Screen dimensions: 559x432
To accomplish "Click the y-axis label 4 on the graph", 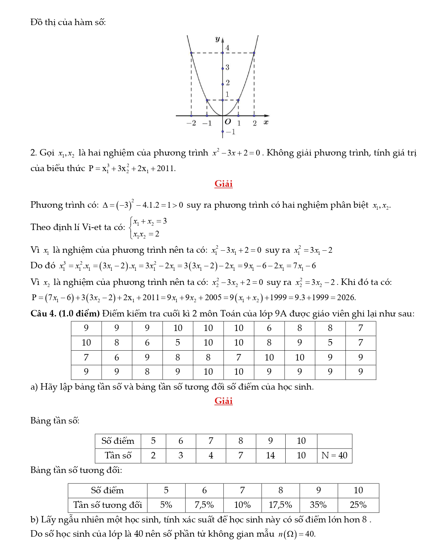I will click(227, 48).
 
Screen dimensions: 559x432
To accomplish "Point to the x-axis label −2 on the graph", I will click(191, 123).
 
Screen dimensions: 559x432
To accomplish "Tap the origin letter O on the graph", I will click(228, 122).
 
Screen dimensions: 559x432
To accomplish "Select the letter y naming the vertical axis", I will click(218, 39).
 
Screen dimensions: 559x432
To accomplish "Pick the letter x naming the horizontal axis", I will click(266, 122).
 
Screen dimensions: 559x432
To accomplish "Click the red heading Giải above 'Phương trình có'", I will click(223, 184).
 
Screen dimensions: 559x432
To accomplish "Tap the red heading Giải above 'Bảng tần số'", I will click(223, 401).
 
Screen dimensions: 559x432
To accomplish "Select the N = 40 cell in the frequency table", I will click(334, 455).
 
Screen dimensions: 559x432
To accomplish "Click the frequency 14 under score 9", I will click(270, 455).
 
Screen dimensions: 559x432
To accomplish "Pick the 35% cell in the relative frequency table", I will click(318, 505).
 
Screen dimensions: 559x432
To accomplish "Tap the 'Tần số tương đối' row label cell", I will click(107, 505).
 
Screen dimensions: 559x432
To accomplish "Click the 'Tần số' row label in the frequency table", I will click(118, 455).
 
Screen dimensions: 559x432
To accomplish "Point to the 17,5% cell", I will click(280, 505).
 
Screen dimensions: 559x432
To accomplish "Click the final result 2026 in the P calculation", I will click(346, 297).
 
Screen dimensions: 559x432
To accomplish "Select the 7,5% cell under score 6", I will click(204, 505).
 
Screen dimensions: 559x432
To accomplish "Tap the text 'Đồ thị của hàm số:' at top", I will click(68, 22).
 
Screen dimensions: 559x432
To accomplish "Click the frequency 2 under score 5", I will click(153, 455).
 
